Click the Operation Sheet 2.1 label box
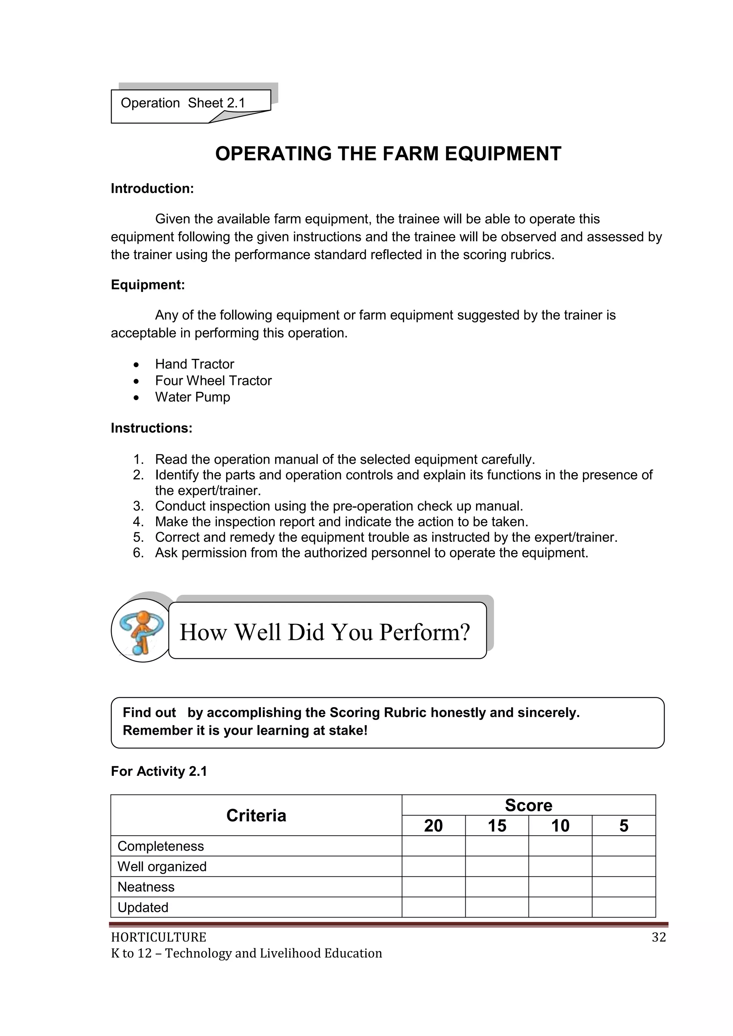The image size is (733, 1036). tap(183, 103)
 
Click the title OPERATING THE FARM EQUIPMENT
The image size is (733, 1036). tap(388, 154)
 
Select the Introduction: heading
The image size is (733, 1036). tap(152, 189)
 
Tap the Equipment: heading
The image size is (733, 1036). tap(147, 285)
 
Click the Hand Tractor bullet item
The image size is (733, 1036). tap(195, 364)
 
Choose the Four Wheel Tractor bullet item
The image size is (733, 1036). tap(213, 381)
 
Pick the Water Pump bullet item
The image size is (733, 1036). tap(192, 397)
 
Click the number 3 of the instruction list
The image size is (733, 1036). tap(138, 506)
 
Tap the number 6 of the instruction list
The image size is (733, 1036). tap(138, 553)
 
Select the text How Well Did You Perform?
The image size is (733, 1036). tap(325, 632)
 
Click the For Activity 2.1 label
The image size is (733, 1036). tap(159, 772)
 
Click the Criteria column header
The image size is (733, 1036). tap(256, 816)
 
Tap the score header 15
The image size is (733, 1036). tap(496, 826)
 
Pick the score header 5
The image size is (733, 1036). tap(623, 826)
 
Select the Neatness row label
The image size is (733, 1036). tap(146, 887)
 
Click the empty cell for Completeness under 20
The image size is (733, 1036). tap(433, 846)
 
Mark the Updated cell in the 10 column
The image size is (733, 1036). tap(560, 908)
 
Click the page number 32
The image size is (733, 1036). tap(659, 938)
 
